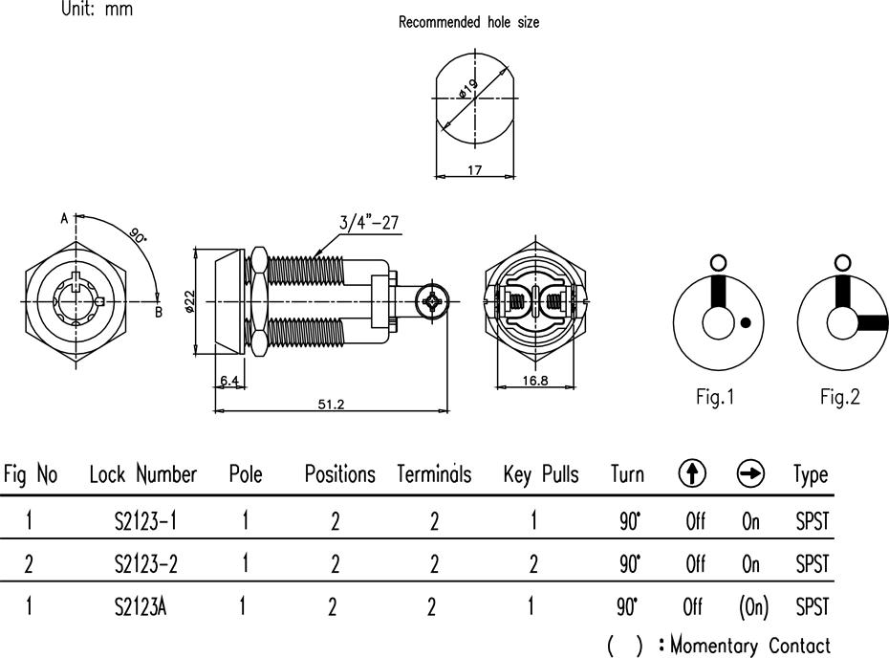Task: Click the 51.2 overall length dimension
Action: tap(331, 404)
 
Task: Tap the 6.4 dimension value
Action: tap(229, 380)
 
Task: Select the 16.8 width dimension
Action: tap(535, 380)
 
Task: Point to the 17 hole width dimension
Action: tap(474, 169)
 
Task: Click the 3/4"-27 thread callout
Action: tap(369, 222)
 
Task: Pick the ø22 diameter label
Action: tap(189, 301)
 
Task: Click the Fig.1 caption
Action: tap(715, 397)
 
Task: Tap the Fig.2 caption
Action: tap(839, 397)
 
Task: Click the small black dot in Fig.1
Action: tap(747, 322)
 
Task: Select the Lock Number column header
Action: tap(142, 474)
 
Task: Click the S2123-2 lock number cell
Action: tap(145, 564)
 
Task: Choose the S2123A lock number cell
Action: tap(141, 607)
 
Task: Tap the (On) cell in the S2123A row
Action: tap(753, 607)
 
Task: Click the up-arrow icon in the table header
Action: tap(692, 473)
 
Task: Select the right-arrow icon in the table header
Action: tap(750, 473)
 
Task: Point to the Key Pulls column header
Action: tap(541, 474)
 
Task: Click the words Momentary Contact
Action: tap(750, 646)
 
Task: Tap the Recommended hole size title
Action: tap(469, 22)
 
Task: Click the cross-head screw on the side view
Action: tap(433, 300)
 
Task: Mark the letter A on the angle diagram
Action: tap(65, 218)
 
